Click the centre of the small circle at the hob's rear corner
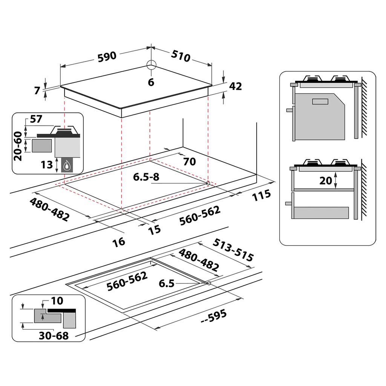click(x=152, y=65)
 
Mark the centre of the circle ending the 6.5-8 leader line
click(x=208, y=183)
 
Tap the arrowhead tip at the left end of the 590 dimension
click(x=61, y=66)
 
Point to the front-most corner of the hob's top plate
click(x=121, y=109)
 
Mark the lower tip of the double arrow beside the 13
click(x=57, y=172)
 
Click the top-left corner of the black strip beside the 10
click(x=48, y=309)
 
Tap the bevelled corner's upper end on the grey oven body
click(x=334, y=94)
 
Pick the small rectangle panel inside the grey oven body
click(x=320, y=101)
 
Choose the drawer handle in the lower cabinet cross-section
click(x=288, y=203)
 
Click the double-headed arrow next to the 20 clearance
click(x=335, y=181)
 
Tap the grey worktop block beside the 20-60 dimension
click(x=41, y=146)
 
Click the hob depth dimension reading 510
click(x=181, y=56)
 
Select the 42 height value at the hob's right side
click(x=236, y=86)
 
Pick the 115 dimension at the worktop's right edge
click(x=262, y=195)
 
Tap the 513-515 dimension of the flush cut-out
click(x=233, y=250)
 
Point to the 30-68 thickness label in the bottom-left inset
click(x=54, y=335)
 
